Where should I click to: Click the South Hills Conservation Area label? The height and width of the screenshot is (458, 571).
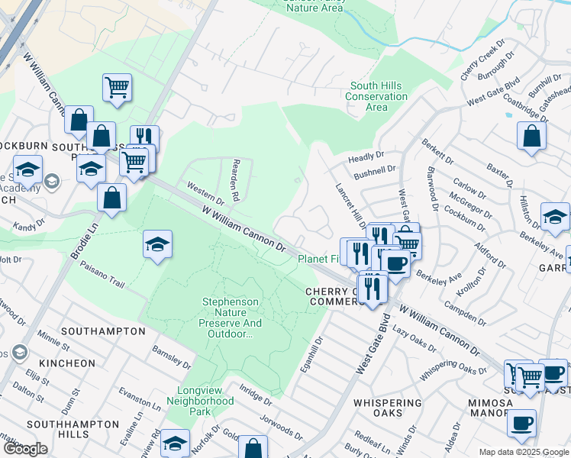376,97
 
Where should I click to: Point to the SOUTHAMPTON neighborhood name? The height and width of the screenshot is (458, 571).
103,331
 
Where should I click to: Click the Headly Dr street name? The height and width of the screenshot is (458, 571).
365,157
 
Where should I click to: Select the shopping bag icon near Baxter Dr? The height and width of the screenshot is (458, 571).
531,136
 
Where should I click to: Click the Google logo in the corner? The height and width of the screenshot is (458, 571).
25,449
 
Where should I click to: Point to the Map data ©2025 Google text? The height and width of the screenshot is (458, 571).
523,451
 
